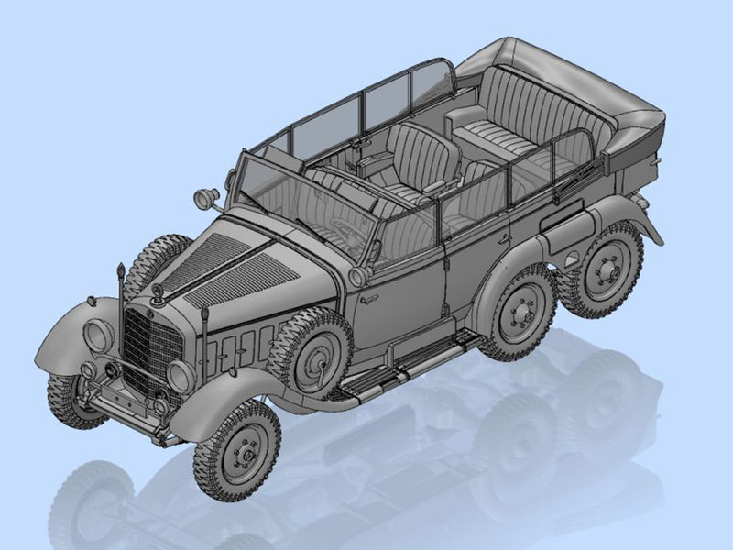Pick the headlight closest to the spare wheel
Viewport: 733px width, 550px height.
(x=181, y=376)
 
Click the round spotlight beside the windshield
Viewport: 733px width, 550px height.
(x=208, y=198)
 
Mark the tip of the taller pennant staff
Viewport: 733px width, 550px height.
(x=119, y=267)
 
